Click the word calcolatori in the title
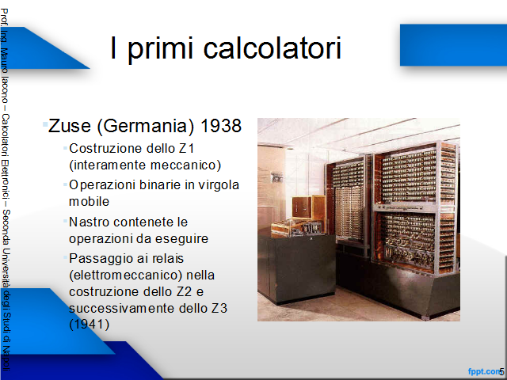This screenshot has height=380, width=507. pos(273,47)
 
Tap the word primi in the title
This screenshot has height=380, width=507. pos(160,49)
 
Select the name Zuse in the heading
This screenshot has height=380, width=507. pos(70,126)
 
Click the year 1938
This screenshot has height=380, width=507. pos(221,126)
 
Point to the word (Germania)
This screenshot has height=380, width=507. pos(146,126)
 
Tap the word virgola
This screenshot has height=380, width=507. pos(219,185)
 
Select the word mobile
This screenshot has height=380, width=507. pos(90,201)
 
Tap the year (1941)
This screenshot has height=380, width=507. pos(90,324)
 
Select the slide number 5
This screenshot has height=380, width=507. pos(501,371)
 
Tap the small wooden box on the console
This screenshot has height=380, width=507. pos(308,207)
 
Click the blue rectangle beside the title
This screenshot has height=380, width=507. pos(453,45)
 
